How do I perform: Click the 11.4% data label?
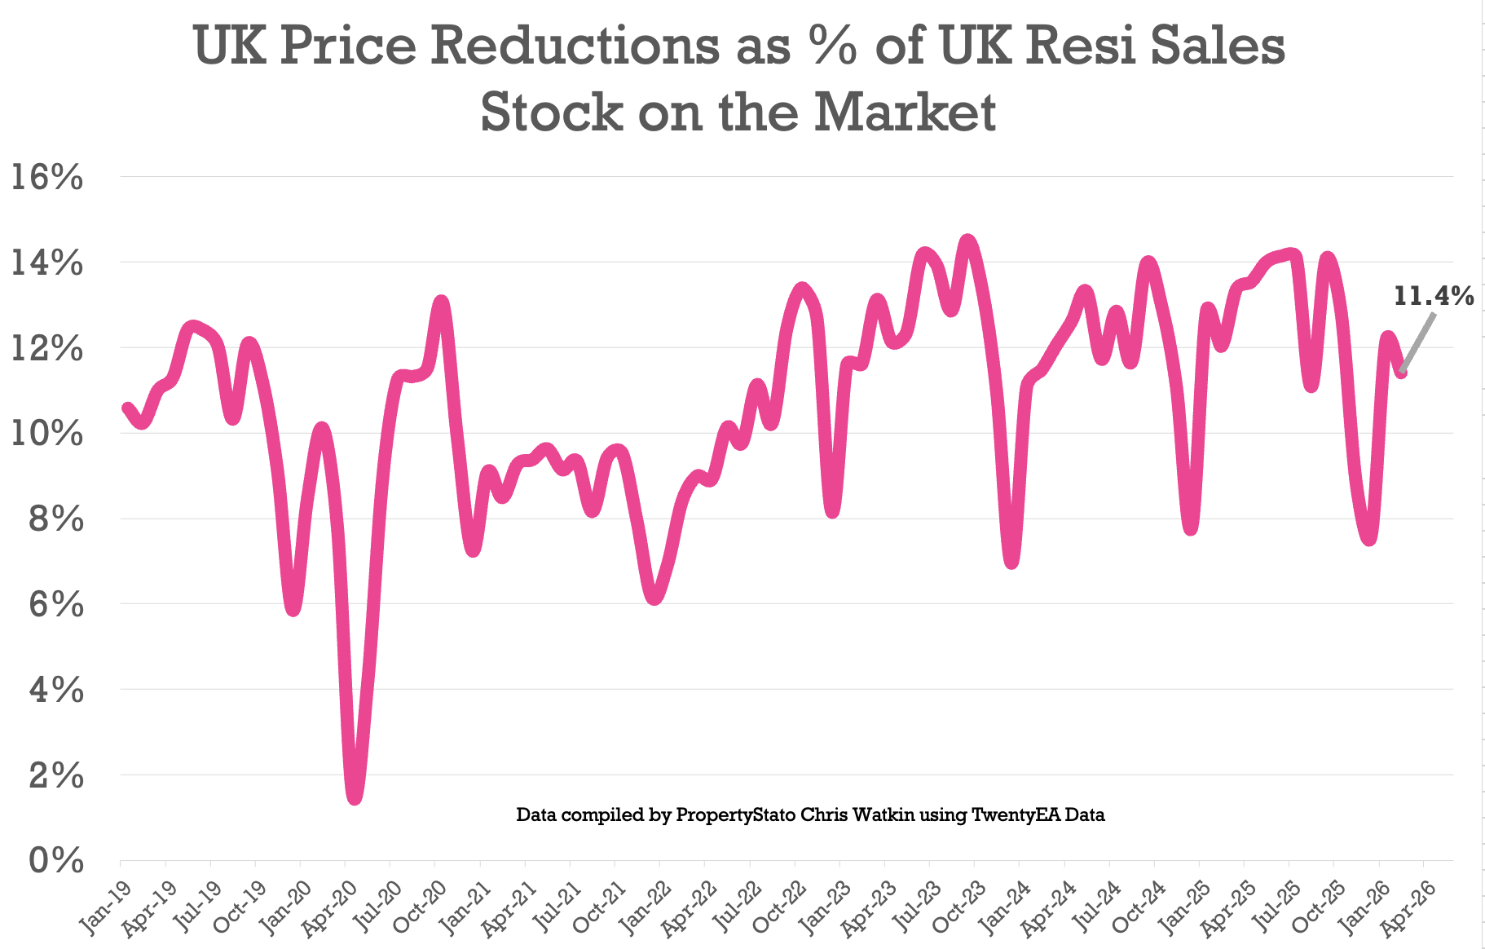(x=1434, y=296)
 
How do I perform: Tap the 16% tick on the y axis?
(x=46, y=178)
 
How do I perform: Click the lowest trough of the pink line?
(x=355, y=797)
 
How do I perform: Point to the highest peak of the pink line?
(x=967, y=241)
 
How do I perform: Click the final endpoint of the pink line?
(x=1401, y=373)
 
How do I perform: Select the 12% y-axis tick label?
(x=46, y=349)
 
